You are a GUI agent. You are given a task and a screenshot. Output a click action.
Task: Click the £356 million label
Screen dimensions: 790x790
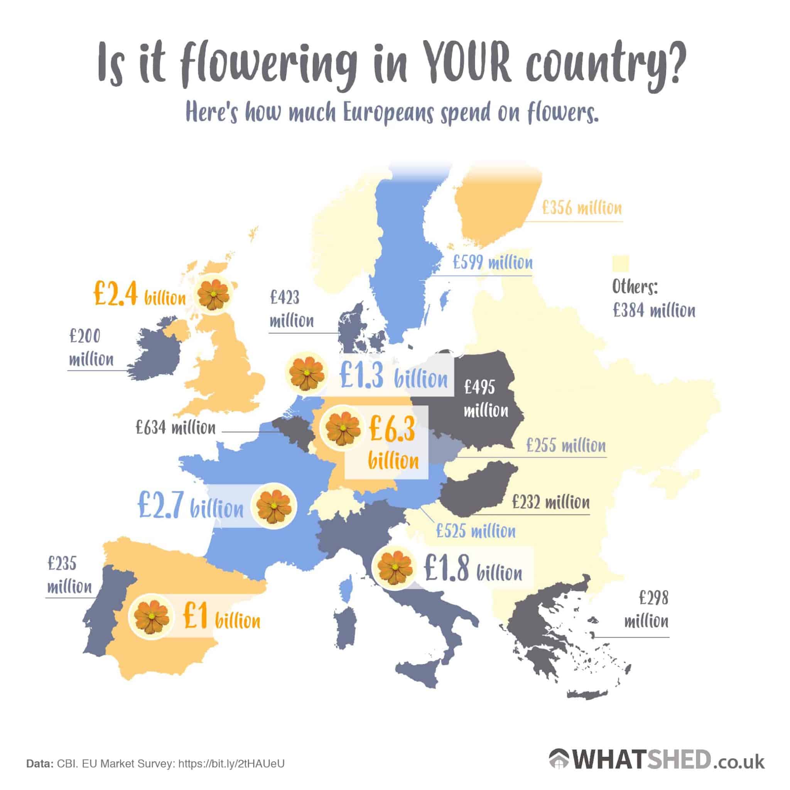point(581,209)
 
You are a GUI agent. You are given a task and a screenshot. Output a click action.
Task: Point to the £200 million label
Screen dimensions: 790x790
point(91,348)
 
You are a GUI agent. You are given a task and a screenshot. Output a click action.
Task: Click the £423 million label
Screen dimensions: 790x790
point(291,309)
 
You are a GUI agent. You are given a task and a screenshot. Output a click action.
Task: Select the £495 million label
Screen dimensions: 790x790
point(485,399)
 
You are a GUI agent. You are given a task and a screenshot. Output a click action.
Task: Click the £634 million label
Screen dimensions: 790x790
point(176,428)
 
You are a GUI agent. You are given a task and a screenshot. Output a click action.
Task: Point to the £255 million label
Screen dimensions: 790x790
point(566,445)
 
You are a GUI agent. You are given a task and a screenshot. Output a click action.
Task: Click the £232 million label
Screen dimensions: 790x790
point(550,502)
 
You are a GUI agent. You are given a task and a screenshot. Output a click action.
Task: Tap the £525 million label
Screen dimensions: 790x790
point(476,531)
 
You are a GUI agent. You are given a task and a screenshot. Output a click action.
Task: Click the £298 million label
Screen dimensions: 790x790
point(646,610)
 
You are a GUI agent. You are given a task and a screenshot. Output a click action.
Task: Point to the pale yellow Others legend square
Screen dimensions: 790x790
point(620,263)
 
